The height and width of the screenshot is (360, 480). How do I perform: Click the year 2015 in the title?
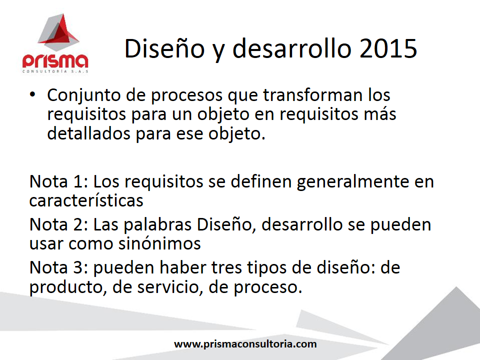[388, 48]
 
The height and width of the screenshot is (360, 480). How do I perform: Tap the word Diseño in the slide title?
[164, 48]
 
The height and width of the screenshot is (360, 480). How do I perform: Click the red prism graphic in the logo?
[58, 32]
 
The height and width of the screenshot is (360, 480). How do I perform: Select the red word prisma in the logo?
[55, 61]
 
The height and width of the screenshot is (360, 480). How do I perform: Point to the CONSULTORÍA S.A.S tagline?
[55, 71]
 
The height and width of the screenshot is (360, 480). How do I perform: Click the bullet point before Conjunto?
[32, 94]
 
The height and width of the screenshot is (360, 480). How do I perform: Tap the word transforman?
[312, 94]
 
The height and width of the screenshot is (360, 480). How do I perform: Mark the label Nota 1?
[59, 181]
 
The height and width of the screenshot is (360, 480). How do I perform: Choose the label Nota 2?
[59, 224]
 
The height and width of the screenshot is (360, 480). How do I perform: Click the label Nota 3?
[59, 267]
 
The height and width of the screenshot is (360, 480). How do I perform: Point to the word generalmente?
[352, 182]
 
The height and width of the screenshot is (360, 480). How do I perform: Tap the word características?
[86, 200]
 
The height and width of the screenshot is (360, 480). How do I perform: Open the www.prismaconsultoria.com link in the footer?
[245, 344]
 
